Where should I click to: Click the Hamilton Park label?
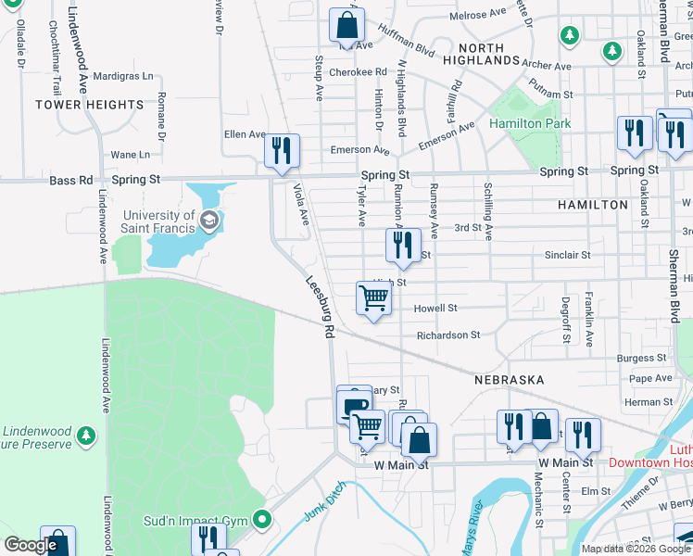(530, 123)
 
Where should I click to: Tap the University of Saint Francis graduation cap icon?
(209, 221)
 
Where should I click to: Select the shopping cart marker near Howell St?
(373, 299)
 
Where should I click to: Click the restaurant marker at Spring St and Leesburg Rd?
(282, 152)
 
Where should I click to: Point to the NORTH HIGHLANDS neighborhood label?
(481, 54)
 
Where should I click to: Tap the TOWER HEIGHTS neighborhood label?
(89, 105)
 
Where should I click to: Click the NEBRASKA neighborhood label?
(508, 381)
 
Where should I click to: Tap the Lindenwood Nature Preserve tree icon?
(86, 434)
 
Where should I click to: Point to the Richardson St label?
(448, 335)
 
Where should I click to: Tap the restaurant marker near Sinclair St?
(402, 246)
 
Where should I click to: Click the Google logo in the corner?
(31, 544)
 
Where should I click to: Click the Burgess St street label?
(643, 357)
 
